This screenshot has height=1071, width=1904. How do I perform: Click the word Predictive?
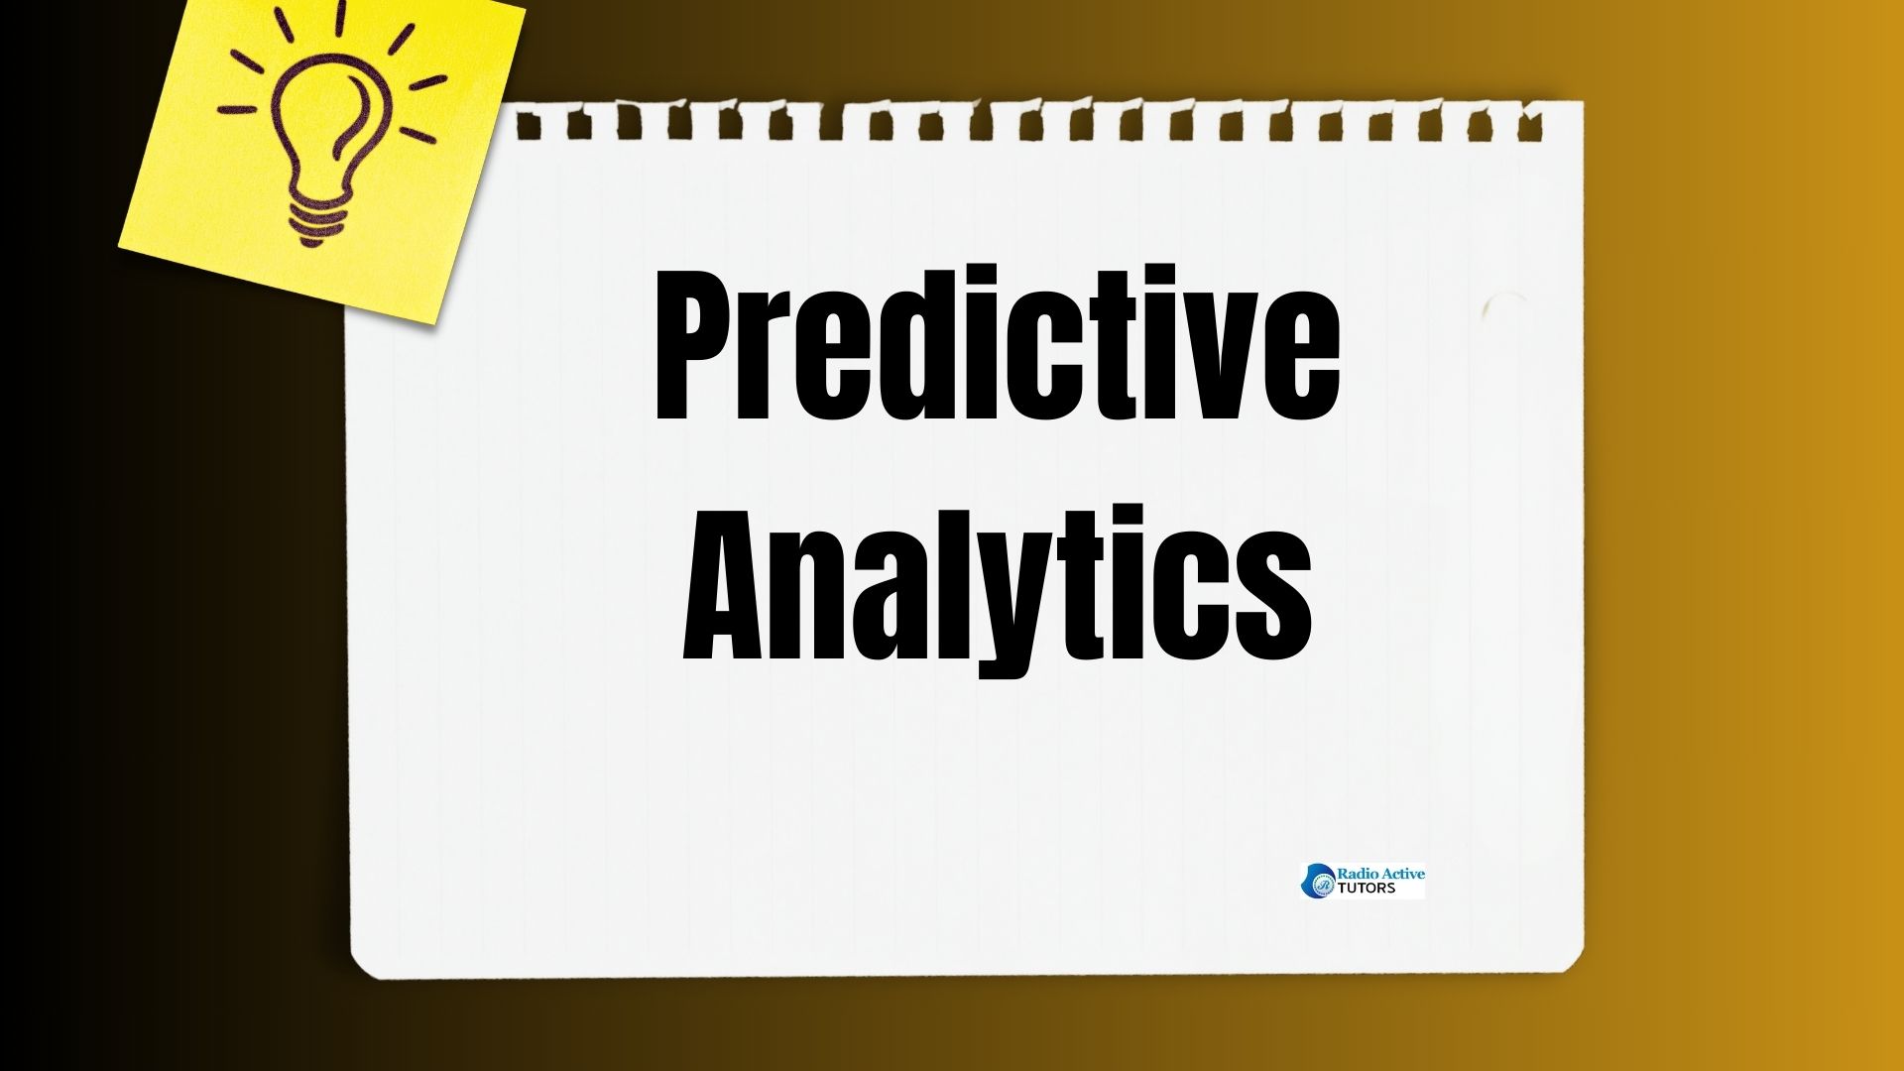998,344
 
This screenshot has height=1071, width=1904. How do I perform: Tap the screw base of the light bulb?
316,219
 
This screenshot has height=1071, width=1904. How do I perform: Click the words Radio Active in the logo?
1380,874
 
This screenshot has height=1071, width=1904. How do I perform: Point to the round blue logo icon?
1318,881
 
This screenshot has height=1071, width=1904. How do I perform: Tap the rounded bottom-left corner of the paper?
359,968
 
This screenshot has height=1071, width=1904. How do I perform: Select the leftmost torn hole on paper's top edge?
529,127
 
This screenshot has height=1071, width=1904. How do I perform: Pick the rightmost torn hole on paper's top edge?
1532,127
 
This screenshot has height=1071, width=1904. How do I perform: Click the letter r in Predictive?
778,362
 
